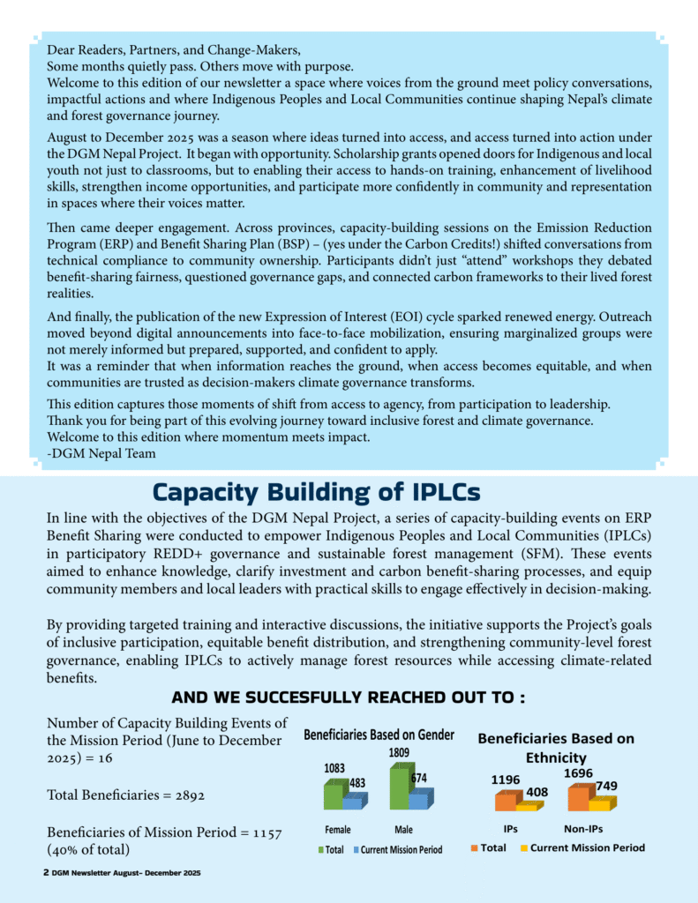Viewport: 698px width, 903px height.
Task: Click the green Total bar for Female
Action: (333, 795)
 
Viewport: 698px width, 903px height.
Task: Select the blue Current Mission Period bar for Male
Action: (419, 800)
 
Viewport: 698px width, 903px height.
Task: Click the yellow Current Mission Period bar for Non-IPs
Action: (600, 804)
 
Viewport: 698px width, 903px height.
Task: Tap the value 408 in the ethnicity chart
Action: (537, 791)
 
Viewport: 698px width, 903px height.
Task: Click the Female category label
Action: (337, 830)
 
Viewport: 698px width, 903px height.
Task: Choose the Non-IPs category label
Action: (583, 829)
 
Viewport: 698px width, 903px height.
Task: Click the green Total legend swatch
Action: (320, 850)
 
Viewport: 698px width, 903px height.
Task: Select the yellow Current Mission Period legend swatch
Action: (523, 848)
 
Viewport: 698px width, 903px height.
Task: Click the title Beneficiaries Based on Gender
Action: (379, 735)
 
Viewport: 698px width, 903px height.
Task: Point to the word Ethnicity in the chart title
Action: (556, 757)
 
